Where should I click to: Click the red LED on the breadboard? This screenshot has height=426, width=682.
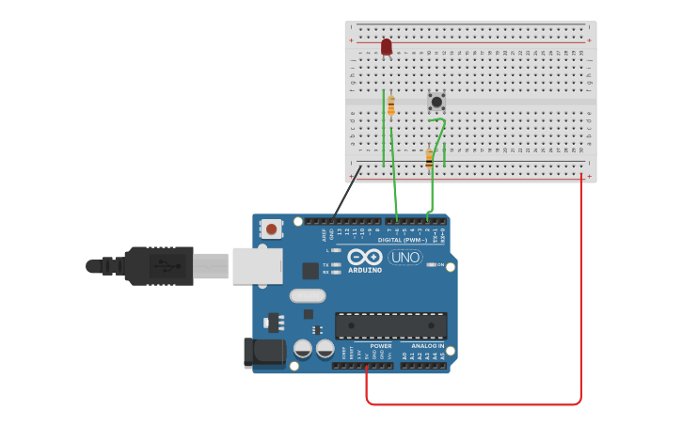386,46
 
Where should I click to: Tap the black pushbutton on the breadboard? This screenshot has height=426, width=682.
436,101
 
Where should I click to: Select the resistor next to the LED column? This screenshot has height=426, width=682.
391,105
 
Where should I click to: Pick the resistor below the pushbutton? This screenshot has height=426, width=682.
429,158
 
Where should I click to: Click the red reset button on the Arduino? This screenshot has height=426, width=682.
272,229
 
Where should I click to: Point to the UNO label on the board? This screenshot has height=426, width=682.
405,257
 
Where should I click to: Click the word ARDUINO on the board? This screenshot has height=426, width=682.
365,270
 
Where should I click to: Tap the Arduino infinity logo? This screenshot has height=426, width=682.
364,256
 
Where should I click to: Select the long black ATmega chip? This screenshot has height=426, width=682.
391,325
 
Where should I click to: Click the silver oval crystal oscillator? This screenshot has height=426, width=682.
308,296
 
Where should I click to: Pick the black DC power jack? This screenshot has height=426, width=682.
263,353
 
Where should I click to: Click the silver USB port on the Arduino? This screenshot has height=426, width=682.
257,266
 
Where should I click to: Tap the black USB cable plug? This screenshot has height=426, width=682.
160,265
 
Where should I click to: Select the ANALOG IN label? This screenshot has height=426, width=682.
427,346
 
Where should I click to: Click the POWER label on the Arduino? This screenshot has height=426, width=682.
381,346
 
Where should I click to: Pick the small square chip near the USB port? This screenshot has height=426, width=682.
310,271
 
